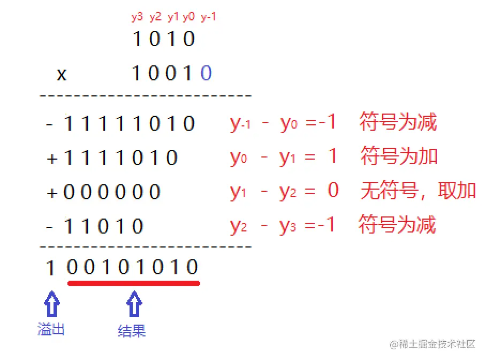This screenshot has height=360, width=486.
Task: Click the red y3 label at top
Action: pos(138,17)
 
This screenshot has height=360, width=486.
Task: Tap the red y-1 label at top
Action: pos(208,17)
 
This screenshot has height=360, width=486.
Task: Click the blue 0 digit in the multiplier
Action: pos(206,73)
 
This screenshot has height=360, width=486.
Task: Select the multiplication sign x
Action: pos(62,74)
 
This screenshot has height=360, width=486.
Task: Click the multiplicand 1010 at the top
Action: pos(163,39)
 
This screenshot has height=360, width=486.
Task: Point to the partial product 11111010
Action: pos(129,124)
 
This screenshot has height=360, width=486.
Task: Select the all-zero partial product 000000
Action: pos(112,192)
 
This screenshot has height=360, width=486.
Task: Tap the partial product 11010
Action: pos(104,226)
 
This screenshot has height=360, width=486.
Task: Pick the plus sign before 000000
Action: pos(52,192)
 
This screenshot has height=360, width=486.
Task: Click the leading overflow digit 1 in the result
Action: pos(50,268)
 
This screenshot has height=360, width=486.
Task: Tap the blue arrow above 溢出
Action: pos(51,304)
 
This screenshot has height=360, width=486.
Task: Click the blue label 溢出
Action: pos(51,328)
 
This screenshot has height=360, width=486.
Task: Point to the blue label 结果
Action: pos(132,331)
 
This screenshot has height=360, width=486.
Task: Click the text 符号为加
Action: pos(399,156)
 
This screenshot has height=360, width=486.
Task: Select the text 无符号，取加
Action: pos(417,191)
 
